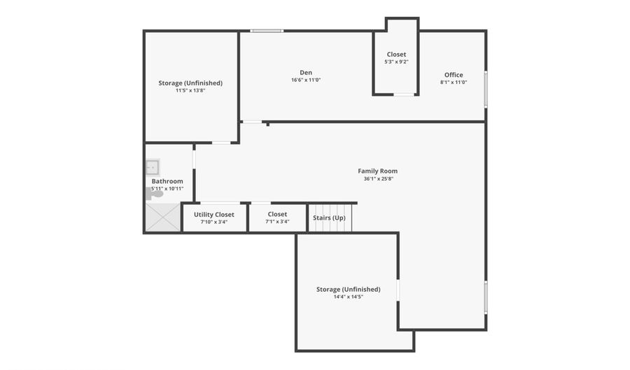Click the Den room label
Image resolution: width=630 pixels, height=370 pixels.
pyautogui.click(x=306, y=73)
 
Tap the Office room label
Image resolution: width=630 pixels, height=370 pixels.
pyautogui.click(x=454, y=75)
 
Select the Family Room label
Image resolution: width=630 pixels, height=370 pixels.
pyautogui.click(x=377, y=171)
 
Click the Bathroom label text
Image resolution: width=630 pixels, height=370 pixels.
pyautogui.click(x=167, y=181)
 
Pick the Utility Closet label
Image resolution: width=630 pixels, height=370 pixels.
pyautogui.click(x=214, y=214)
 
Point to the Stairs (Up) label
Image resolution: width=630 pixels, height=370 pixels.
pyautogui.click(x=329, y=218)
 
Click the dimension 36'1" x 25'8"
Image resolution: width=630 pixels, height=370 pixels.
pyautogui.click(x=377, y=179)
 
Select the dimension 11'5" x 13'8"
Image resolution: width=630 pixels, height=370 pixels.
pyautogui.click(x=190, y=90)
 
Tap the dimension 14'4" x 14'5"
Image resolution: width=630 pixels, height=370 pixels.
pyautogui.click(x=348, y=297)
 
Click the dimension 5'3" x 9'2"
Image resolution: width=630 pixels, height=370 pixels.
pyautogui.click(x=396, y=62)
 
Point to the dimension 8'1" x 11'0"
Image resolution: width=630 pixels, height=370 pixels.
pyautogui.click(x=454, y=83)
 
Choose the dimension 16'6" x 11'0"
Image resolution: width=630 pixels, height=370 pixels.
pyautogui.click(x=306, y=80)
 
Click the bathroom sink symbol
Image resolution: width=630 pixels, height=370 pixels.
pyautogui.click(x=152, y=167)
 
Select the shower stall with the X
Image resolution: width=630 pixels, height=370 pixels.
pyautogui.click(x=162, y=217)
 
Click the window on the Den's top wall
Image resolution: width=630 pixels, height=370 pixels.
pyautogui.click(x=267, y=31)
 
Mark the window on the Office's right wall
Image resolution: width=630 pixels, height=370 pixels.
pyautogui.click(x=486, y=89)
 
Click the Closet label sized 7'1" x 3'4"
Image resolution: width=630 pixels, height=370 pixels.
pyautogui.click(x=277, y=214)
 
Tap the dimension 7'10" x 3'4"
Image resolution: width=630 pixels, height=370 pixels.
pyautogui.click(x=214, y=222)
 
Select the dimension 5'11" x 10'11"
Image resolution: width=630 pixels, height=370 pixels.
pyautogui.click(x=167, y=189)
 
